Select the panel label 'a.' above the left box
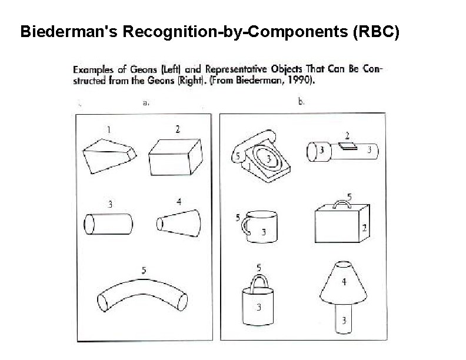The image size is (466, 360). [146, 102]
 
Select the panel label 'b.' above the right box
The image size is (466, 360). [301, 102]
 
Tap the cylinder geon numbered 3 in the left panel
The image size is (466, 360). [109, 224]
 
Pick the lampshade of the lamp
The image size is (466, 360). [342, 285]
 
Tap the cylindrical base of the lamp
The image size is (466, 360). [343, 321]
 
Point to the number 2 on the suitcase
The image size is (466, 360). [364, 228]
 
